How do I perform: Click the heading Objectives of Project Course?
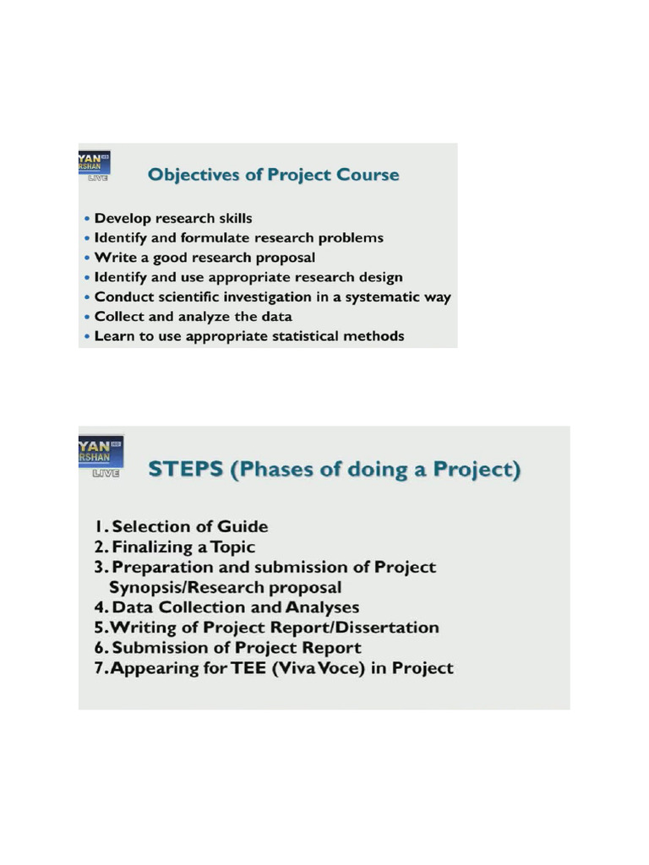click(273, 175)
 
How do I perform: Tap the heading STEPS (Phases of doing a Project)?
click(335, 469)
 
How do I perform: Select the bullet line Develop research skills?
click(173, 218)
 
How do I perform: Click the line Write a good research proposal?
click(205, 258)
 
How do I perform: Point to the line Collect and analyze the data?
click(193, 317)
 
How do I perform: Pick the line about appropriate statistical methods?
click(249, 336)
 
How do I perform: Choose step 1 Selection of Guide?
click(181, 526)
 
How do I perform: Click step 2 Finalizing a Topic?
click(174, 547)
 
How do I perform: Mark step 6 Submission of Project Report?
click(227, 648)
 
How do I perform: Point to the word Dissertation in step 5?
click(391, 628)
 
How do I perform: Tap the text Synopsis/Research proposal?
click(226, 587)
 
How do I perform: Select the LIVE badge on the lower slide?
click(106, 474)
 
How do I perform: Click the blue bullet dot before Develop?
click(88, 219)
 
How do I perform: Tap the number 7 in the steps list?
click(99, 668)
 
